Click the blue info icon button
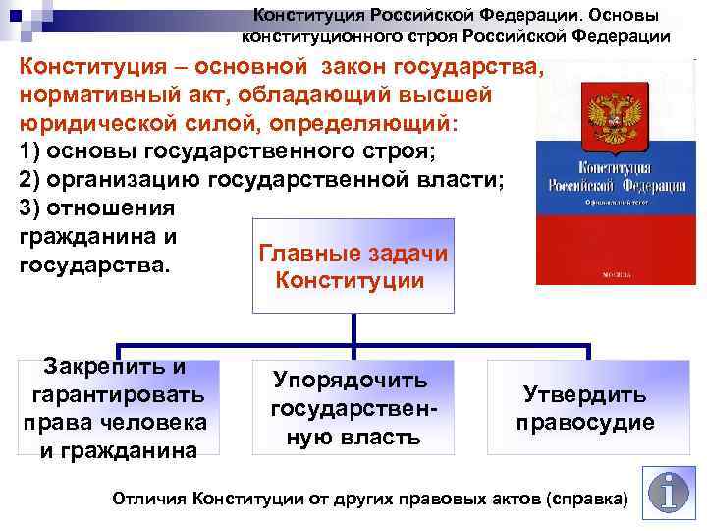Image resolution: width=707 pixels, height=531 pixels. (670, 493)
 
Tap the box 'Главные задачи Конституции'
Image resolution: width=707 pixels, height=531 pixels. (352, 267)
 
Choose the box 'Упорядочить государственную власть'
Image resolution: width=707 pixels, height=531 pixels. (352, 409)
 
